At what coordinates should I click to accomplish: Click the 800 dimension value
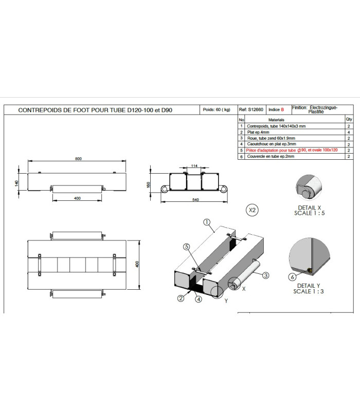pos(78,159)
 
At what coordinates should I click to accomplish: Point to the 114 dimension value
pos(194,165)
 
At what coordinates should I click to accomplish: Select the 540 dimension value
pos(195,200)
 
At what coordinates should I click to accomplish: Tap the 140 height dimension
pos(17,183)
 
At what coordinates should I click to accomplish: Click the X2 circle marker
pos(252,210)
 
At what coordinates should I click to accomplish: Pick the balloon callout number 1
pos(207,222)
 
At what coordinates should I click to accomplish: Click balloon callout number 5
pos(186,247)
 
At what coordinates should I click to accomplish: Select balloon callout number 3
pos(265,275)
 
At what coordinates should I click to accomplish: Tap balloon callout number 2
pos(181,298)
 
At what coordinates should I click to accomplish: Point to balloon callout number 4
pos(199,299)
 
